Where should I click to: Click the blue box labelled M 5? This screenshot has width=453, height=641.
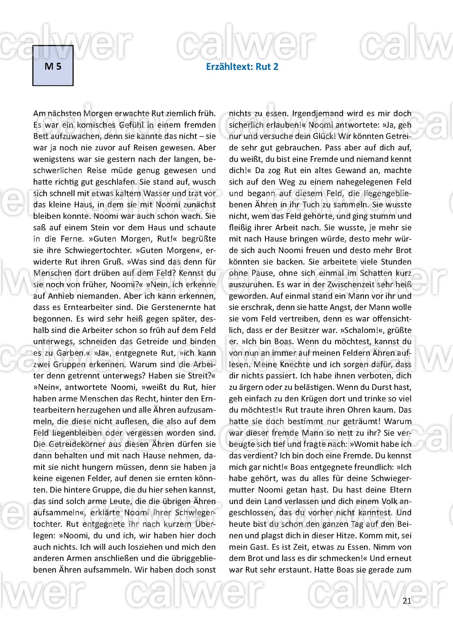click(53, 66)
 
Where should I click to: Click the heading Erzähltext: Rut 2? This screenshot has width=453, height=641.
click(242, 67)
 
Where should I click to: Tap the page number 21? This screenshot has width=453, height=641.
click(407, 601)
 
